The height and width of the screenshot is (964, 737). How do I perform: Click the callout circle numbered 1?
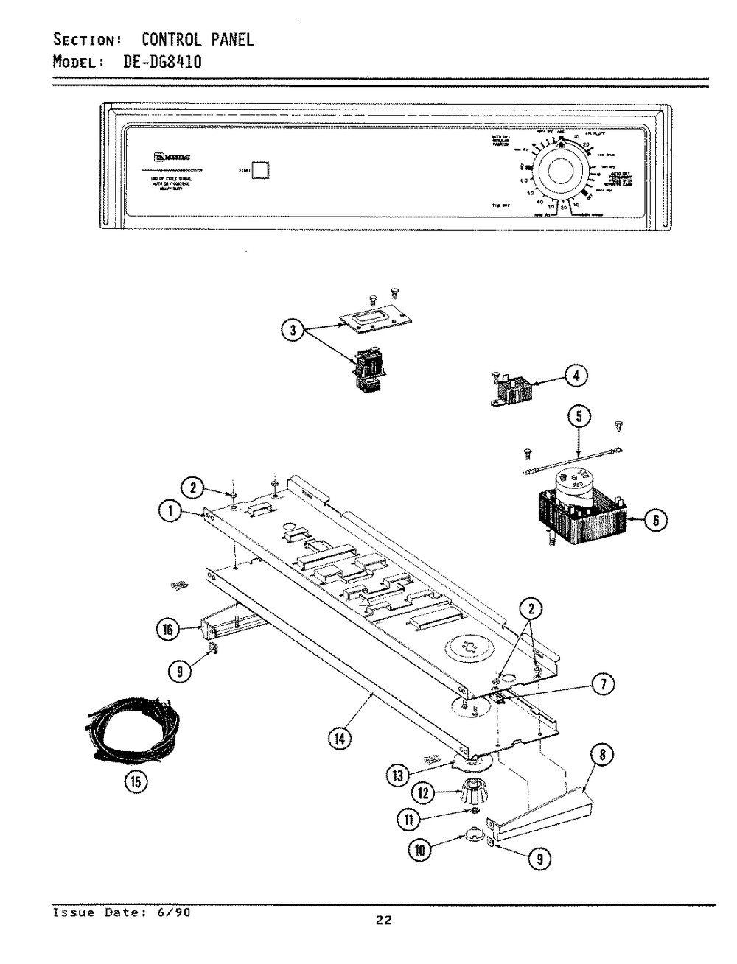pyautogui.click(x=172, y=516)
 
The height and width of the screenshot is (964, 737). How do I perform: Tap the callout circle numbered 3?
pyautogui.click(x=293, y=331)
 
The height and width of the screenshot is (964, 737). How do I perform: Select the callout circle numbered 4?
pyautogui.click(x=576, y=376)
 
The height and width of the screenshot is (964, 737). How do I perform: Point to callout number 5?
pyautogui.click(x=579, y=417)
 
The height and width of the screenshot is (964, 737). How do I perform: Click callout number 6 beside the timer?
pyautogui.click(x=656, y=521)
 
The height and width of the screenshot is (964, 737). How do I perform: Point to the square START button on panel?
pyautogui.click(x=262, y=169)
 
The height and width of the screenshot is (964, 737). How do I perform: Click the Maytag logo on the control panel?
pyautogui.click(x=171, y=156)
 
